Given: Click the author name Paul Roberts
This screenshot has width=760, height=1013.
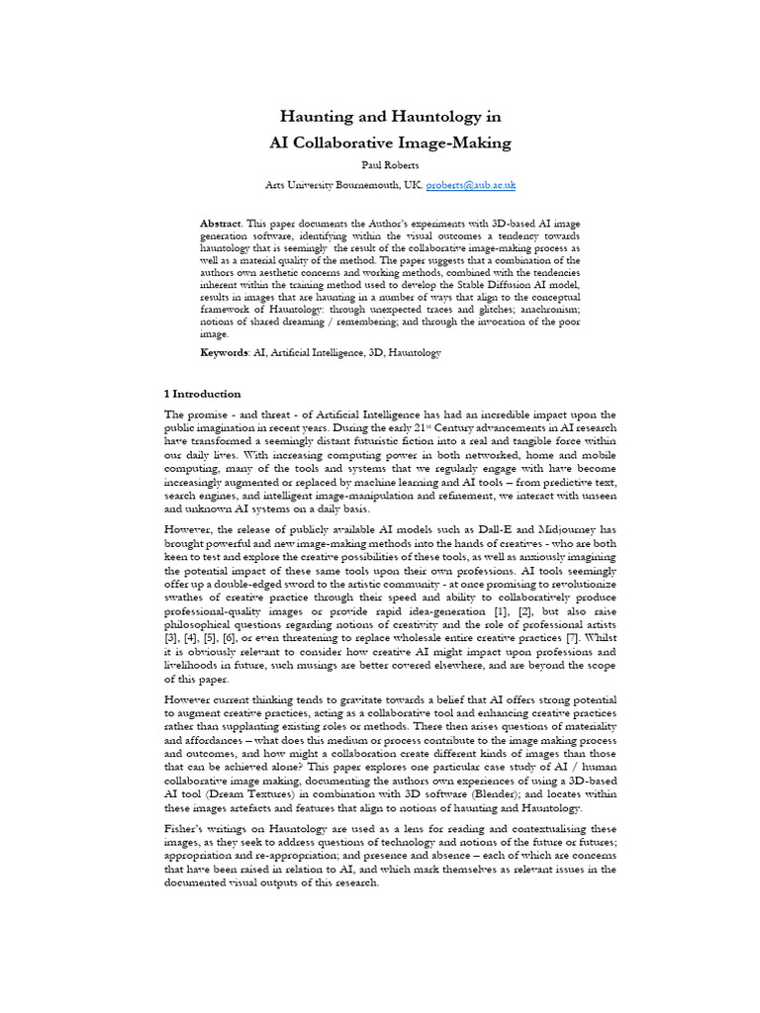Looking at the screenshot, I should pyautogui.click(x=391, y=165).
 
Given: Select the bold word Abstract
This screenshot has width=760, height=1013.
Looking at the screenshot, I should pyautogui.click(x=221, y=225).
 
